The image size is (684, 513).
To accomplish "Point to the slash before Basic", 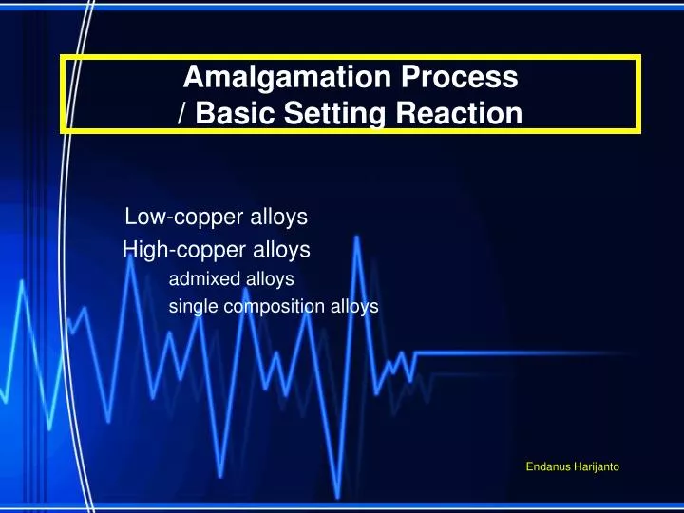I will (x=181, y=115).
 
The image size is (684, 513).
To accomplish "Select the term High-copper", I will (x=178, y=250).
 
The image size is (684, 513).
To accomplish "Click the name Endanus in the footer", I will (x=547, y=465).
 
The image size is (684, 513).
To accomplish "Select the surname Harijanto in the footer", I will (x=598, y=465).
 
